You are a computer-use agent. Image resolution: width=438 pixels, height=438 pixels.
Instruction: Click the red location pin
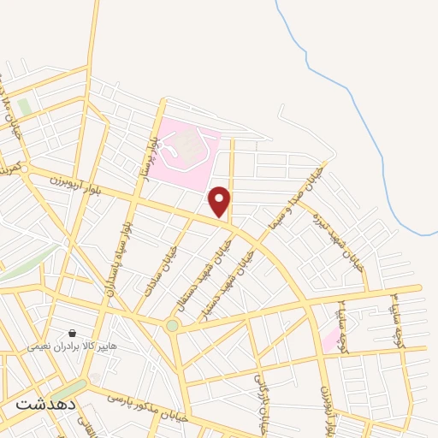pyautogui.click(x=220, y=202)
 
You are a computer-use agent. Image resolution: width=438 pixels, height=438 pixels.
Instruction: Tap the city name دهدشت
pyautogui.click(x=45, y=402)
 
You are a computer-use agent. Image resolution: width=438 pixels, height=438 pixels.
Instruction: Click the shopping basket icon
pyautogui.click(x=72, y=332)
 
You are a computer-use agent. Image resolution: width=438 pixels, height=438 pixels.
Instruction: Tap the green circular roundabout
pyautogui.click(x=173, y=325)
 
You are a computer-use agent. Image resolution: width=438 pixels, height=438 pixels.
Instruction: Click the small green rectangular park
pyautogui.click(x=24, y=107)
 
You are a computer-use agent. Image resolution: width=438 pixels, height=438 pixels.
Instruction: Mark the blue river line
pyautogui.click(x=359, y=128)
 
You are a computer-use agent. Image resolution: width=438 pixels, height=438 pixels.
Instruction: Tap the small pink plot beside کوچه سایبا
pyautogui.click(x=329, y=340)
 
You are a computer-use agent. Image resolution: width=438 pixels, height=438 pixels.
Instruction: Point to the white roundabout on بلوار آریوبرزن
pyautogui.click(x=25, y=169)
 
